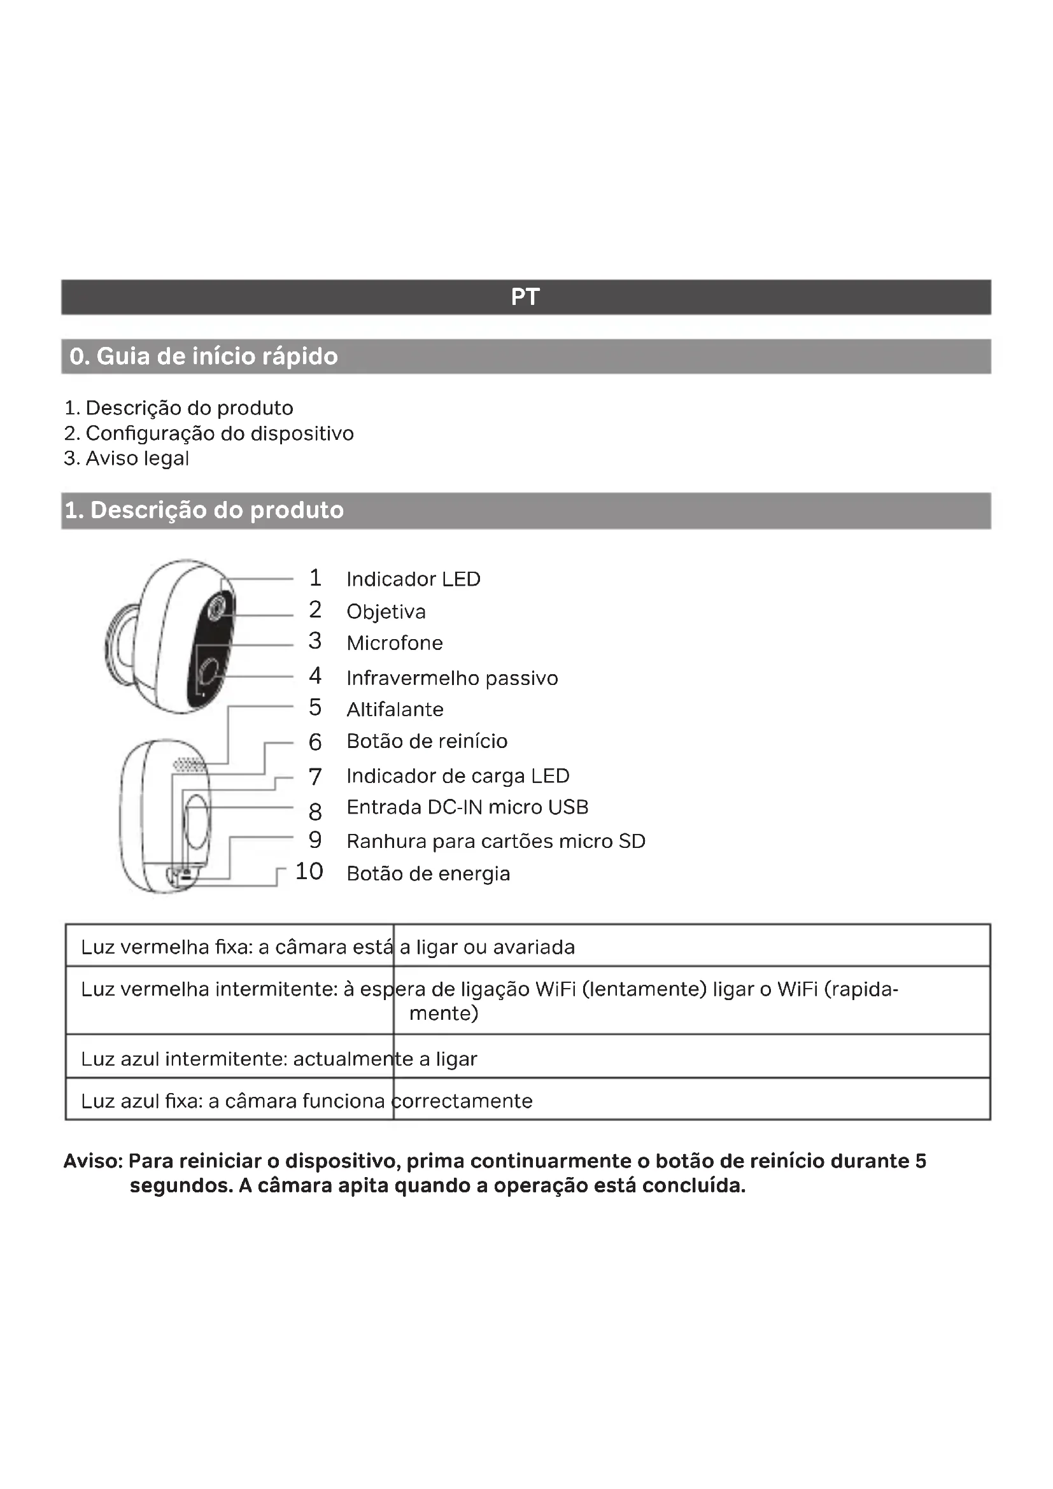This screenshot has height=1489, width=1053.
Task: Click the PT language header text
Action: tap(525, 297)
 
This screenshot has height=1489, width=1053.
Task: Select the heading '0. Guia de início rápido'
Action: tap(204, 356)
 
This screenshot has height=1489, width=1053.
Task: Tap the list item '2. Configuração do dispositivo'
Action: tap(209, 434)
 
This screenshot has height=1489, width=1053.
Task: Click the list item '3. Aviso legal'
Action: tap(127, 458)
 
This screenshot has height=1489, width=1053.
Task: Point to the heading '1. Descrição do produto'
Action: tap(204, 511)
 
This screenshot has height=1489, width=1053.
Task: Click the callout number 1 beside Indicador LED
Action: tap(315, 578)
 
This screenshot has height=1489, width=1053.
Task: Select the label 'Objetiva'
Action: tap(386, 612)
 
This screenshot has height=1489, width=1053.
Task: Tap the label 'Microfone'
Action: tap(394, 644)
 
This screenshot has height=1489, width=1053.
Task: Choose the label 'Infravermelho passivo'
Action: tap(452, 679)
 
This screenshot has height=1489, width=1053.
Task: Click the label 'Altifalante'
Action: tap(395, 709)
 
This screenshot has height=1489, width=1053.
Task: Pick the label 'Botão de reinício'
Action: tap(427, 741)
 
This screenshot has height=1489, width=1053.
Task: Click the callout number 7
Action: tap(315, 776)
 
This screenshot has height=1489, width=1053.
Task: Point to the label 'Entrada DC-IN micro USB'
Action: tap(467, 807)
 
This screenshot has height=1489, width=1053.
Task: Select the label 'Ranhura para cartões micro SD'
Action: tap(496, 842)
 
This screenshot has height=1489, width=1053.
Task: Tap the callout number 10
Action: tap(309, 872)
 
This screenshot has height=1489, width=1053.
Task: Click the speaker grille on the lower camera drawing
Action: tap(188, 765)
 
